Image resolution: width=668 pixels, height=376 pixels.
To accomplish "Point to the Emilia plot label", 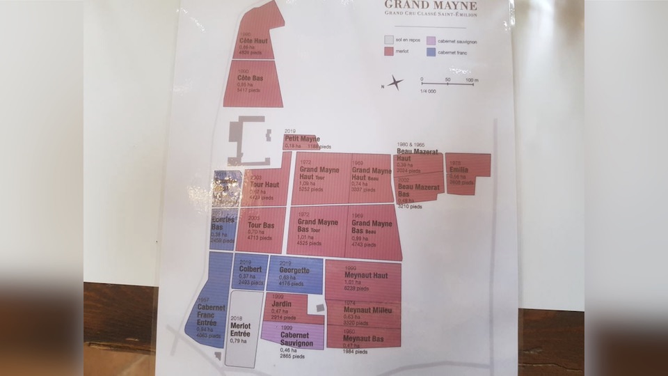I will point(459,170).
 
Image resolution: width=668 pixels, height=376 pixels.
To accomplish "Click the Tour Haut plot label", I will point(264,185).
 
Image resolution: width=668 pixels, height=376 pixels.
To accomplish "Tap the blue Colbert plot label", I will point(250,269).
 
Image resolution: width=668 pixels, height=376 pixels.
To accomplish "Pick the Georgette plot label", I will point(293,269).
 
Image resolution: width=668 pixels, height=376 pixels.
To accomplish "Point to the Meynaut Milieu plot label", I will point(368,310).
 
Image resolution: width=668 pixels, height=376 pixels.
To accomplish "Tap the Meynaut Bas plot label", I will point(363,338).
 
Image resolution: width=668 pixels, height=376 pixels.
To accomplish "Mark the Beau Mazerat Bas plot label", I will point(417,191).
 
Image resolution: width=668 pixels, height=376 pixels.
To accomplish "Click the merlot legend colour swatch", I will point(390,52).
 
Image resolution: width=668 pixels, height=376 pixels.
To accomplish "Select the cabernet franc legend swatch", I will point(431,52).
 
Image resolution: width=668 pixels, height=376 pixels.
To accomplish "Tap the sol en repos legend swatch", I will point(390,40).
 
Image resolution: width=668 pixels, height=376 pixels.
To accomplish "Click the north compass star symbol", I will point(395,84).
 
